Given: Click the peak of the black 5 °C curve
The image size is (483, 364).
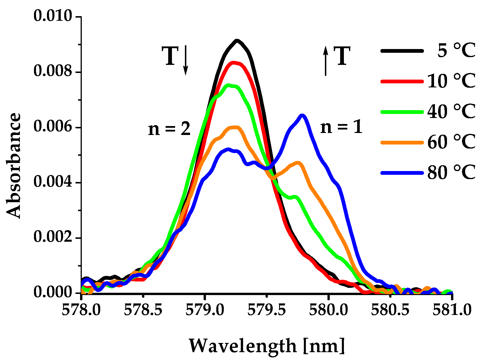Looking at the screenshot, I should coord(237,41).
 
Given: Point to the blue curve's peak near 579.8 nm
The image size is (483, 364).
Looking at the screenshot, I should coord(302,116).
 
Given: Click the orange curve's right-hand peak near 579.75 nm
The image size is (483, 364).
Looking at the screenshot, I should coord(298,163).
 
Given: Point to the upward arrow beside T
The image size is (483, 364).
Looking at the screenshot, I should coord(325,61).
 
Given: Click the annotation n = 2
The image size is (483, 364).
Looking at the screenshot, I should coord(169,129).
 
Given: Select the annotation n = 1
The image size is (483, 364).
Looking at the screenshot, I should coord(341,127).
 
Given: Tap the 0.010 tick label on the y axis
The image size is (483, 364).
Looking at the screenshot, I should coord(53,16).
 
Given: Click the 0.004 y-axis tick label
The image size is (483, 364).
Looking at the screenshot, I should coord(53,182).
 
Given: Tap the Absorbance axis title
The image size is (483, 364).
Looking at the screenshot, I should coord(14,166).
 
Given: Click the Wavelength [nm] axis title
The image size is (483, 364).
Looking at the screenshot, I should coord(267,346).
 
